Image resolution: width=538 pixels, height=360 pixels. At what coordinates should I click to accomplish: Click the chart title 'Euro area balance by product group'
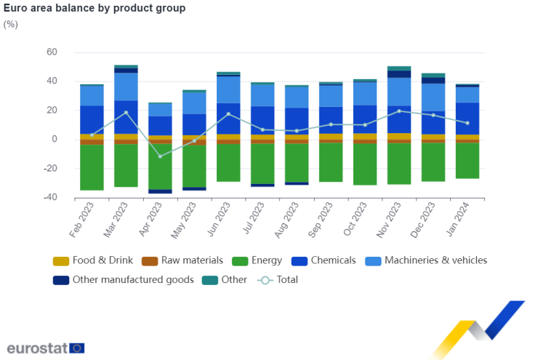[95, 9]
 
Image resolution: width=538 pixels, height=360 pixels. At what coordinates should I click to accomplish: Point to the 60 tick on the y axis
[51, 52]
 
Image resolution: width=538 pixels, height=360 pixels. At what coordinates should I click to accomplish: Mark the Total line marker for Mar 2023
[127, 113]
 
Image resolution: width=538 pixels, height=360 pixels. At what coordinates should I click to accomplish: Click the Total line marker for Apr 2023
[161, 156]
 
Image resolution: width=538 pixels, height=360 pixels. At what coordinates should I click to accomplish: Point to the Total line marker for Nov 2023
[399, 111]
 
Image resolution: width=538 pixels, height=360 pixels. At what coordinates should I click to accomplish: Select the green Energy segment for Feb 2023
[92, 167]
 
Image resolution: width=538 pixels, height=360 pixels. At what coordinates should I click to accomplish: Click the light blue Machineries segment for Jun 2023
[228, 89]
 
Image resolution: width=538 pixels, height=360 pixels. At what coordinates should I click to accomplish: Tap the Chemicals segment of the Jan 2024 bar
[467, 118]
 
